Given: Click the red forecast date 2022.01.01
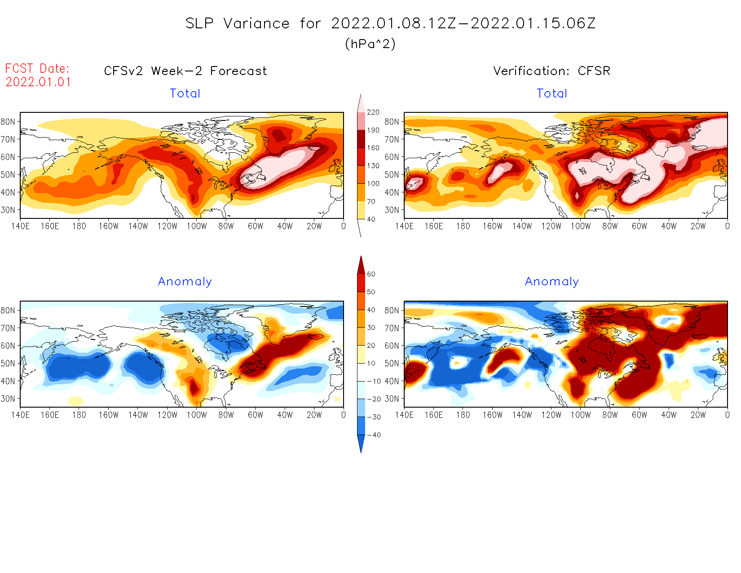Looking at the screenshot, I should [38, 82].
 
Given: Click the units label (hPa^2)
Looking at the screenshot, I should [370, 44].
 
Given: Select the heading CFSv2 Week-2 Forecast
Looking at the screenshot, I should [185, 71].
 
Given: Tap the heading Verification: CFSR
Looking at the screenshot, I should [551, 71].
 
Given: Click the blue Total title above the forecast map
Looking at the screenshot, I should [185, 93].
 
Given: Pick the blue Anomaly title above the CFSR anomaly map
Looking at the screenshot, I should [552, 281].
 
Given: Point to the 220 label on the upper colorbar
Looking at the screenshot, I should [373, 112].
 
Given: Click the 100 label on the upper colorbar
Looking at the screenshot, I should [373, 183].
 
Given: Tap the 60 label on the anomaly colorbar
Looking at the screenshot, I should [371, 274].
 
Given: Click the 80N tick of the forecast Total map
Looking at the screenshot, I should [8, 122].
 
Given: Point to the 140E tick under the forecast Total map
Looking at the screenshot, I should [20, 227].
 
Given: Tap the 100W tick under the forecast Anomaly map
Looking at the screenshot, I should [197, 415].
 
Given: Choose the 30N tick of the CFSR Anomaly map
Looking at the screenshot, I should [392, 399].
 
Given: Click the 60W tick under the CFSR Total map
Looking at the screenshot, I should [640, 227].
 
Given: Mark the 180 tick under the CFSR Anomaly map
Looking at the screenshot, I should [463, 415].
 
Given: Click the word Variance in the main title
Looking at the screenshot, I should [256, 23].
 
